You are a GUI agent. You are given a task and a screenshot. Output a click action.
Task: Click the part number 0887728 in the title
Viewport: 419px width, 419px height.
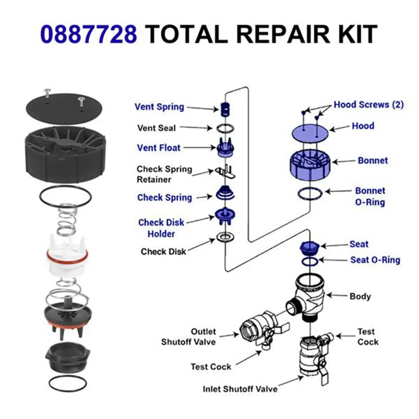pos(88,34)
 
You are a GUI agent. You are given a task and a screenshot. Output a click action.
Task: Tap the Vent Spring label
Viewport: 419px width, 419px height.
pos(159,107)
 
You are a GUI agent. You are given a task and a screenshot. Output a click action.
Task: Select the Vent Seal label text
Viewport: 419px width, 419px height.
pos(156,128)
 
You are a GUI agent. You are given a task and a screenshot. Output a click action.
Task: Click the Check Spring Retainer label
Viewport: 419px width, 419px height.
pos(164,174)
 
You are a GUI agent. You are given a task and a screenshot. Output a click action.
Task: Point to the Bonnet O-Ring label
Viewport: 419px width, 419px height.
pos(370,196)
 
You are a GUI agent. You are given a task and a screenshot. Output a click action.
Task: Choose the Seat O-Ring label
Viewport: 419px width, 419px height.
pos(375,260)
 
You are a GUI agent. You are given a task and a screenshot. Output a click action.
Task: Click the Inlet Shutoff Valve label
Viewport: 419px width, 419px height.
pos(240,389)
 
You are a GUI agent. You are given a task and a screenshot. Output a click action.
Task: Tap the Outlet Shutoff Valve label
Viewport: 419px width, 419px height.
pos(189,337)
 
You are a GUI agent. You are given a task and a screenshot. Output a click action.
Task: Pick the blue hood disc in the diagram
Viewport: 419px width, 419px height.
pos(310,133)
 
